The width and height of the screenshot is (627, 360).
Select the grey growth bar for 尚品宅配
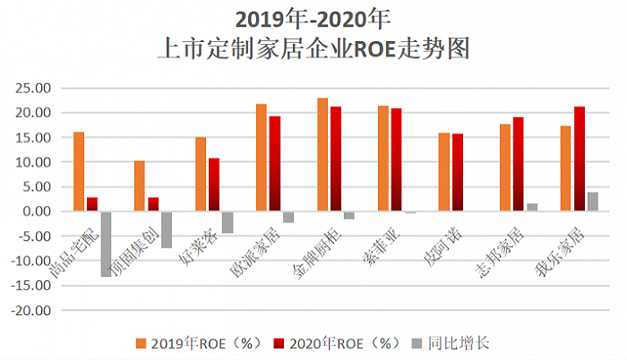[x=106, y=244]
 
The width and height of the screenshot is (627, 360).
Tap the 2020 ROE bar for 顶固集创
[x=153, y=204]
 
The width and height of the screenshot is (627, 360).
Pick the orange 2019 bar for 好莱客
[x=201, y=174]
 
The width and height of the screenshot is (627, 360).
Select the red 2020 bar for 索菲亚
[x=396, y=160]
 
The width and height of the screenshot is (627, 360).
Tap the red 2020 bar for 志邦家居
[x=518, y=165]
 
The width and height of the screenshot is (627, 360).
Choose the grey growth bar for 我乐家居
[x=592, y=201]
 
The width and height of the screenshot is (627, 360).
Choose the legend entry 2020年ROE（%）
[x=329, y=343]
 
